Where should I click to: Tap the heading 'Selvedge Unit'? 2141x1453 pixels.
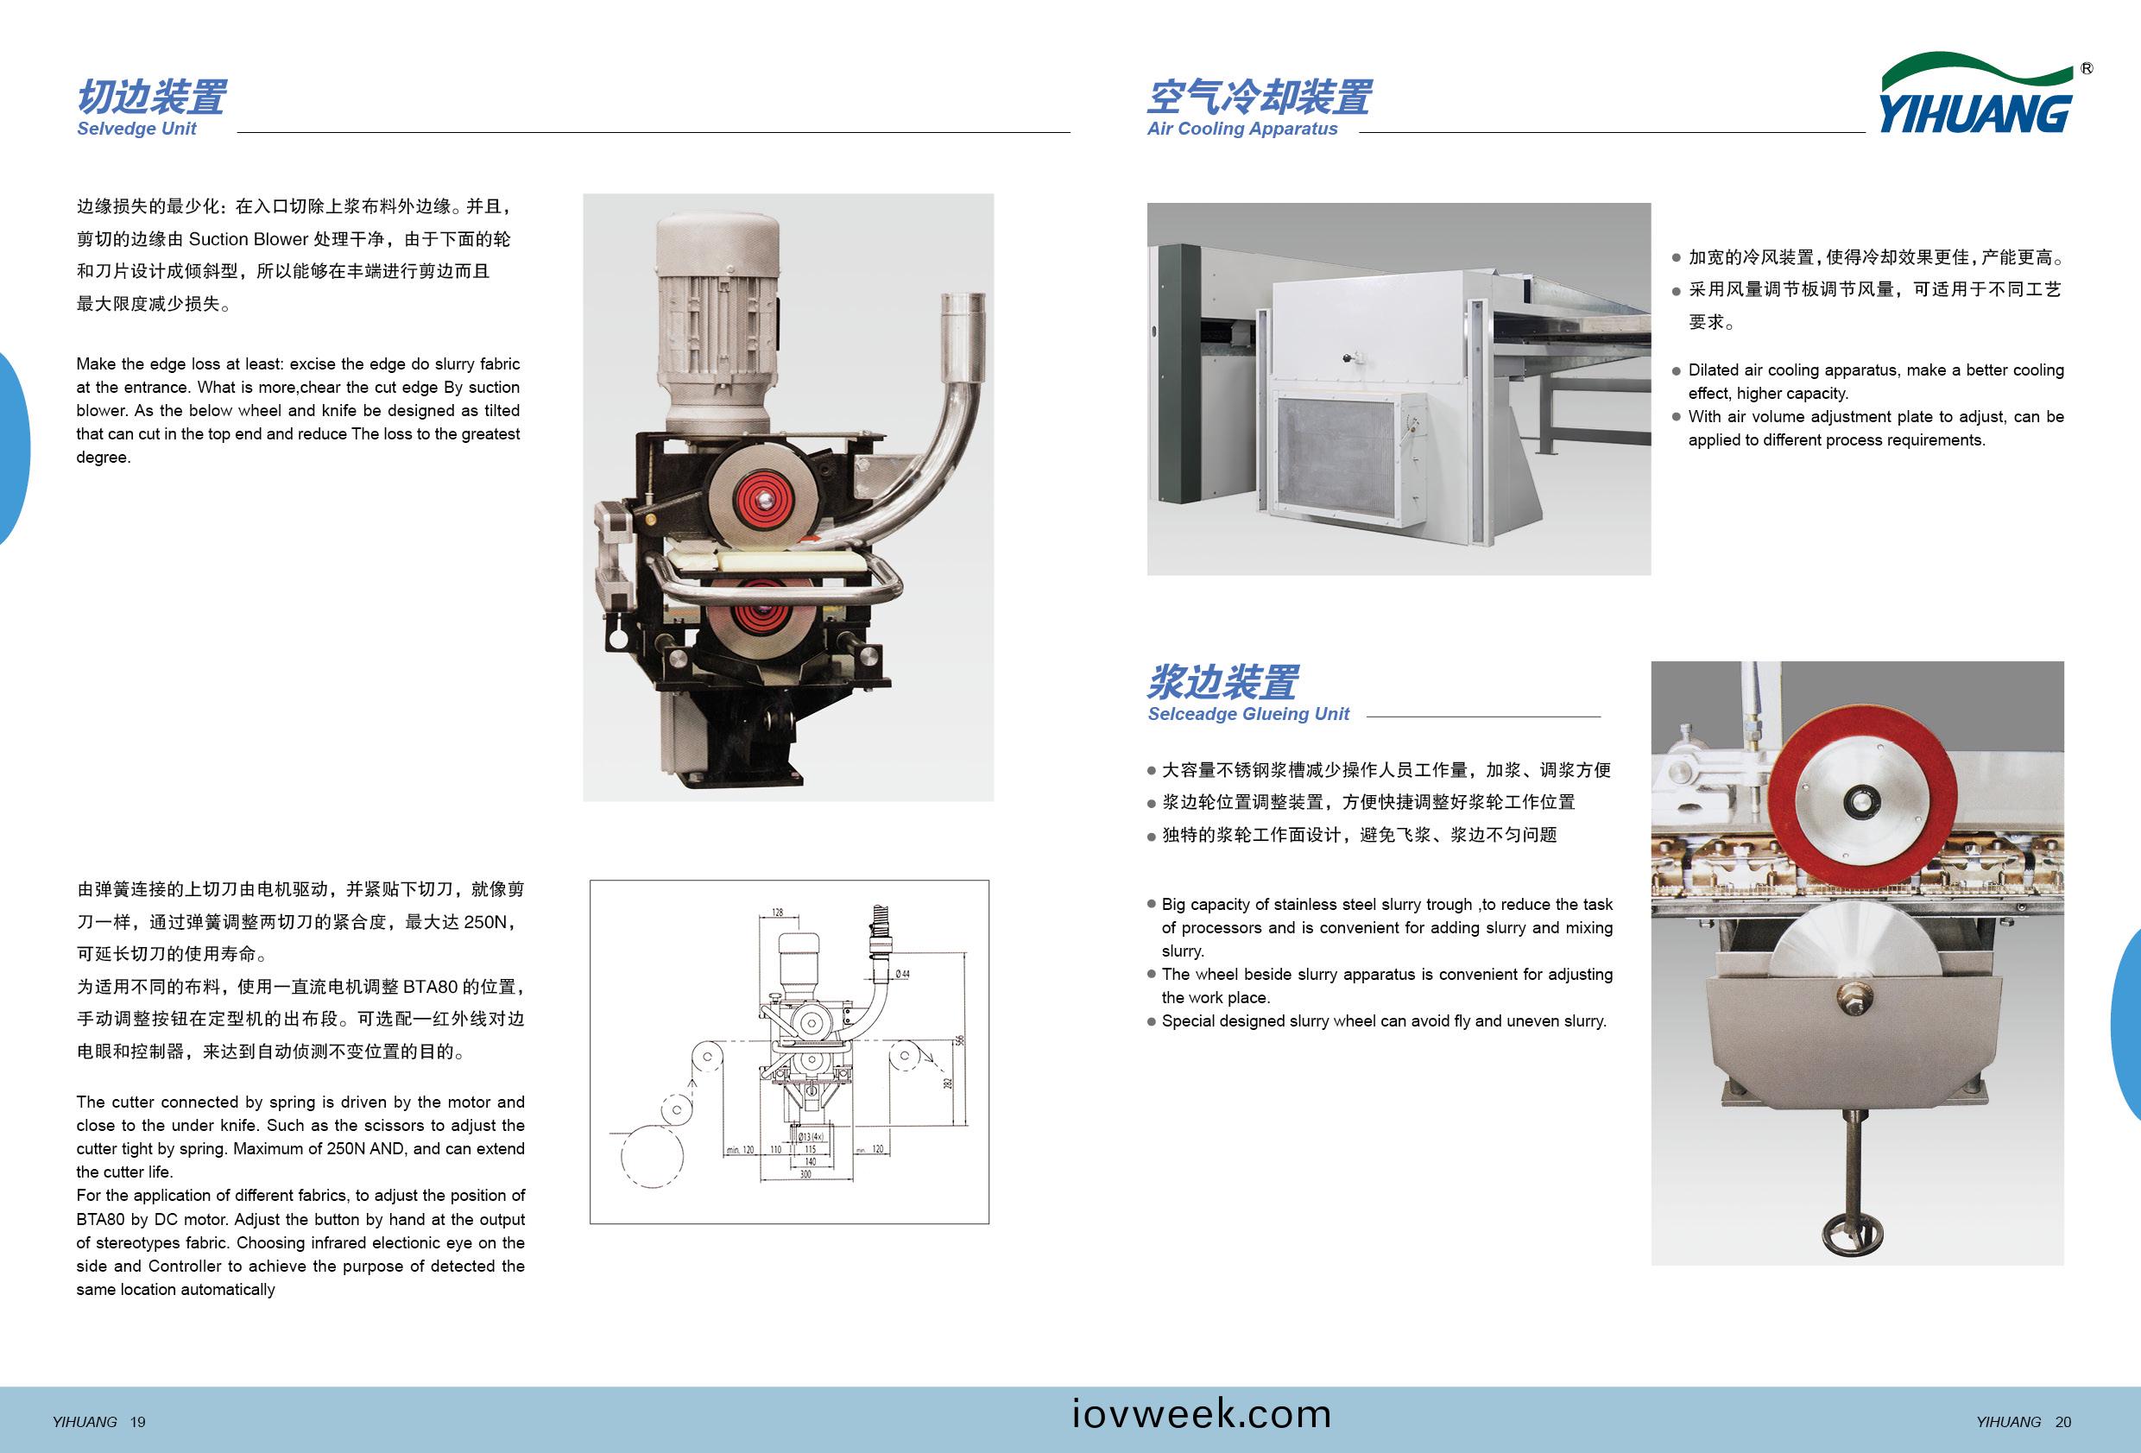pyautogui.click(x=136, y=129)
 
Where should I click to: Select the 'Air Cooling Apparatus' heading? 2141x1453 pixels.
pyautogui.click(x=1241, y=129)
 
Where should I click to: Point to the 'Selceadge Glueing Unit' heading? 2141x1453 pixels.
pyautogui.click(x=1247, y=714)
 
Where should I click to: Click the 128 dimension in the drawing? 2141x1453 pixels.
pyautogui.click(x=778, y=913)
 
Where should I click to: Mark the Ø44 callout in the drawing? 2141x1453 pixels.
pyautogui.click(x=902, y=974)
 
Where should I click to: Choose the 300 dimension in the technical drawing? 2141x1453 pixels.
pyautogui.click(x=805, y=1175)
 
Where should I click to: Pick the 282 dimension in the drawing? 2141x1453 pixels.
pyautogui.click(x=946, y=1083)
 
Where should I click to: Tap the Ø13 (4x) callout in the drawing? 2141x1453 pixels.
pyautogui.click(x=811, y=1137)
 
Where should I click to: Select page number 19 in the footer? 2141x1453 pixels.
pyautogui.click(x=137, y=1423)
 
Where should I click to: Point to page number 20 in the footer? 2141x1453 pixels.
pyautogui.click(x=2062, y=1423)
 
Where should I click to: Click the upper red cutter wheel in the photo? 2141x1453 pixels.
pyautogui.click(x=763, y=497)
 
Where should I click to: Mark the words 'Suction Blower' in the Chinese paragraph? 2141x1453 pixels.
pyautogui.click(x=248, y=239)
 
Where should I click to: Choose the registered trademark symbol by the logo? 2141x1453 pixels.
pyautogui.click(x=2087, y=69)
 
